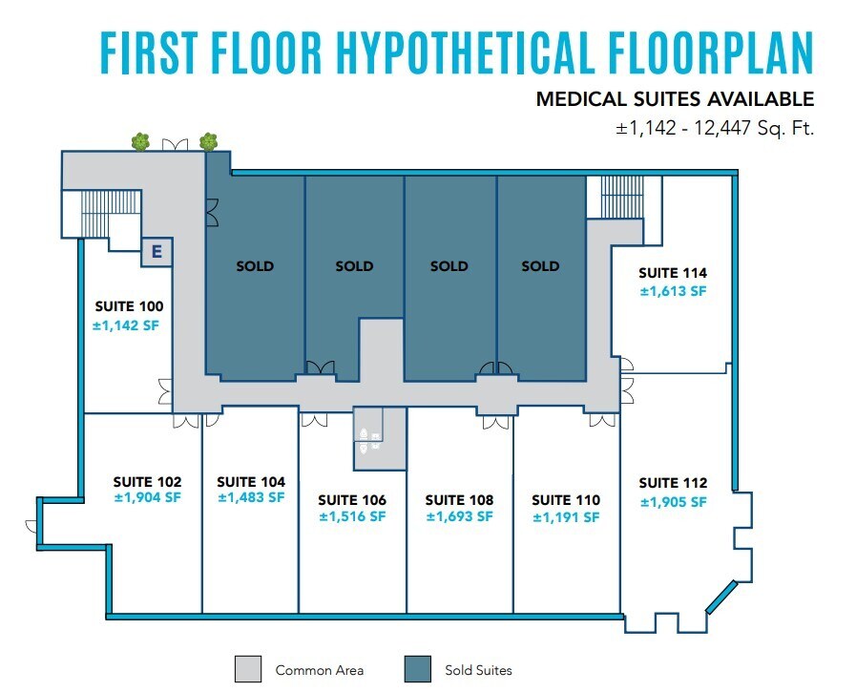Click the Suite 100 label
(129, 306)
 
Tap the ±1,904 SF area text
(147, 497)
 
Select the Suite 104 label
(251, 482)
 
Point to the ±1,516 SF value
(352, 516)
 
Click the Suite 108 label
(459, 500)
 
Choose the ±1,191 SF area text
(566, 517)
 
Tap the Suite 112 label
(673, 483)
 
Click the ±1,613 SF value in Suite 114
(673, 291)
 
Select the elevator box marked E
(155, 253)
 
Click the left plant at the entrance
(141, 142)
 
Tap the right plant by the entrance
(208, 142)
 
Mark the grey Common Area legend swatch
(247, 669)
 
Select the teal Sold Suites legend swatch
(418, 669)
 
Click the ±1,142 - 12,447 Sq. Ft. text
(715, 128)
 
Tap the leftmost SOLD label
(255, 266)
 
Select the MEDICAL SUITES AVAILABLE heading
(675, 98)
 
